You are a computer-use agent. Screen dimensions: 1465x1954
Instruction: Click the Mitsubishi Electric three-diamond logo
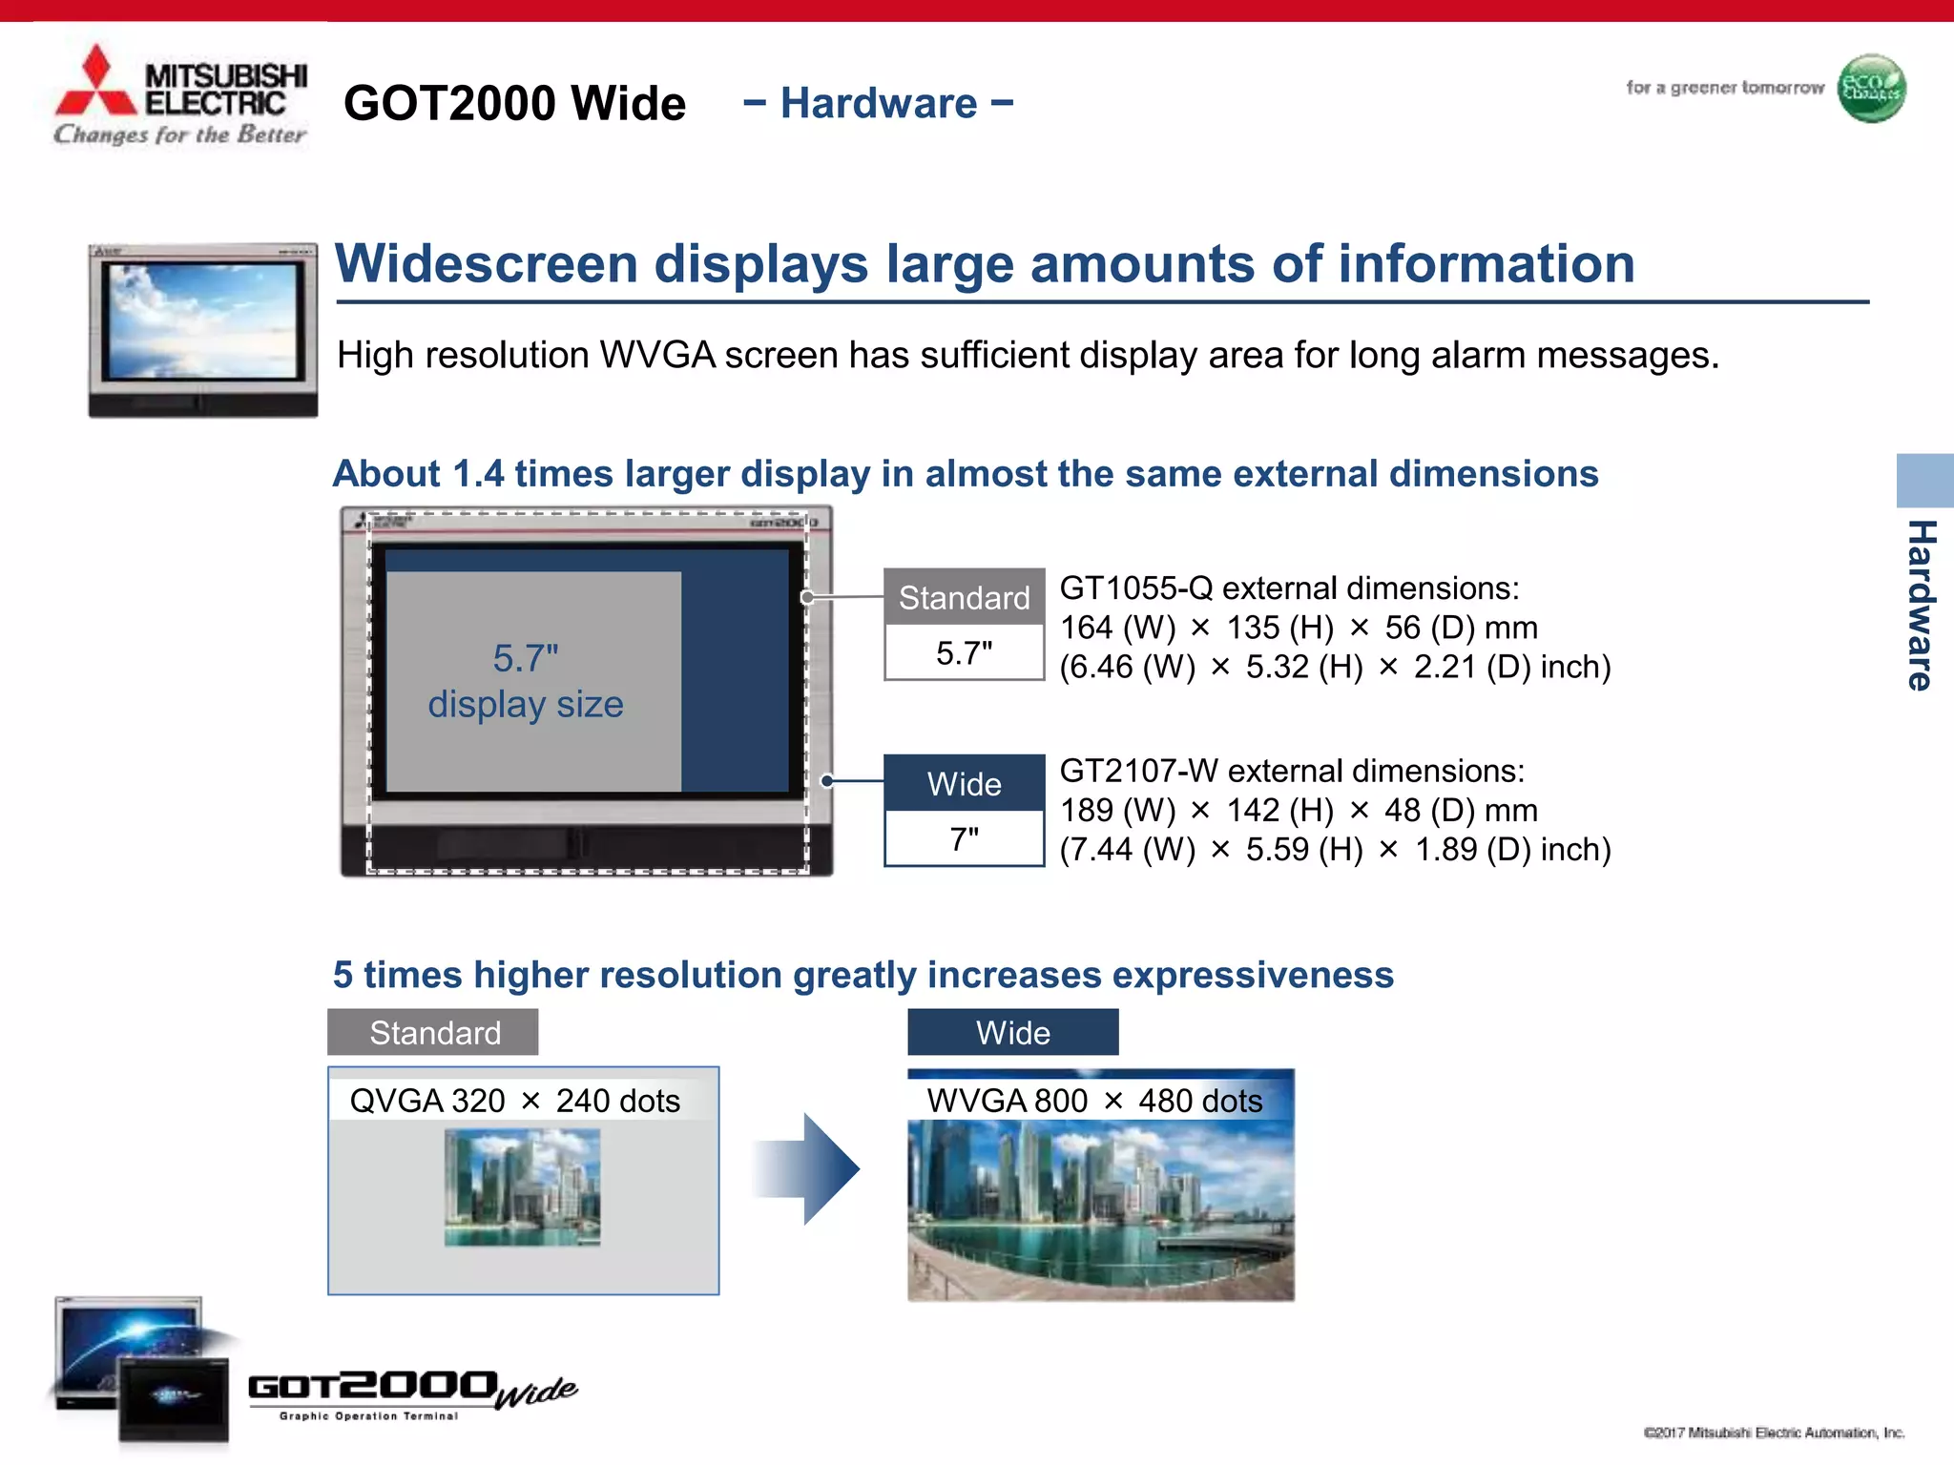pyautogui.click(x=95, y=84)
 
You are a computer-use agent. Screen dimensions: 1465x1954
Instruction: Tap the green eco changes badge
pyautogui.click(x=1871, y=89)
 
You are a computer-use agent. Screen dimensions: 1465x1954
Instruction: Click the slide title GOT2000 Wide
pyautogui.click(x=514, y=103)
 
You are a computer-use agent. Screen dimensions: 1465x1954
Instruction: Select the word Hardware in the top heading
pyautogui.click(x=879, y=103)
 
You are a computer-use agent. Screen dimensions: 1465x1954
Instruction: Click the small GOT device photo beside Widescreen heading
pyautogui.click(x=202, y=329)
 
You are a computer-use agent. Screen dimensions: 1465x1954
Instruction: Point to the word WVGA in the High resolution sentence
pyautogui.click(x=657, y=355)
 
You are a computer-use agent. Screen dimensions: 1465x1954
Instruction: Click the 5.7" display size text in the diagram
pyautogui.click(x=526, y=681)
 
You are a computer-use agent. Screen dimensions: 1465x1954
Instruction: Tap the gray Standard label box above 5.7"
pyautogui.click(x=964, y=597)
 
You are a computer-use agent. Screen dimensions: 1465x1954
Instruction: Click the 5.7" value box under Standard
pyautogui.click(x=964, y=653)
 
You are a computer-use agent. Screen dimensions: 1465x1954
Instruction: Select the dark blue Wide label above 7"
pyautogui.click(x=964, y=783)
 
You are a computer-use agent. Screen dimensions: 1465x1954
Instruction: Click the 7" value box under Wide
pyautogui.click(x=964, y=839)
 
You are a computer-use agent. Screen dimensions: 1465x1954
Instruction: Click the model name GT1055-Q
pyautogui.click(x=1135, y=588)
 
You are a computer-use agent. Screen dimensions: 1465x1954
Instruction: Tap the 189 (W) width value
pyautogui.click(x=1117, y=811)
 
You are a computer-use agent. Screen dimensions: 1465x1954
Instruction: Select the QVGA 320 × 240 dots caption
pyautogui.click(x=515, y=1101)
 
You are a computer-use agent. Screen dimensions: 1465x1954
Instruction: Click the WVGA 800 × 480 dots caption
pyautogui.click(x=1094, y=1101)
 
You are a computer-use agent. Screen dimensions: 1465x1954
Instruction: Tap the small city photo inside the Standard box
pyautogui.click(x=522, y=1187)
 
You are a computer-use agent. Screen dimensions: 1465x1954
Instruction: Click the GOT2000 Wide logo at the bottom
pyautogui.click(x=410, y=1393)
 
